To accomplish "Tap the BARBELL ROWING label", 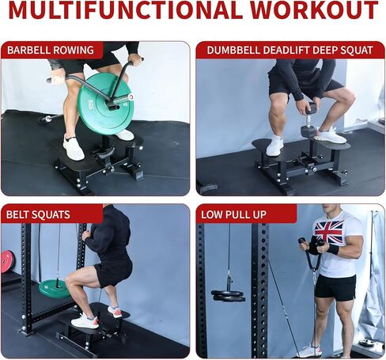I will point(51,51).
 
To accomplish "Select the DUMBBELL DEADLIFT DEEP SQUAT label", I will point(289,51).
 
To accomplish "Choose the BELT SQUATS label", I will point(39,214).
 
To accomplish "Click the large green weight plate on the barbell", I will point(105,103).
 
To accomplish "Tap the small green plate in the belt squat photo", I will point(55,288).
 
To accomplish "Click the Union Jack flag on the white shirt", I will point(329,232).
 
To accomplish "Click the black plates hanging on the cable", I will point(228,295).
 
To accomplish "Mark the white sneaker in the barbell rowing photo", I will point(73,148).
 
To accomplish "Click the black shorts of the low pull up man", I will point(335,287).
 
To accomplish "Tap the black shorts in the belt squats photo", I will point(112,271).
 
